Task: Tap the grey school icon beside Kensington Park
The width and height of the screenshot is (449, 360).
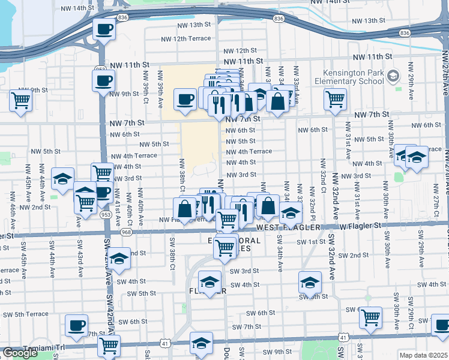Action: tap(393, 76)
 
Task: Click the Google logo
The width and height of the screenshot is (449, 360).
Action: tap(20, 353)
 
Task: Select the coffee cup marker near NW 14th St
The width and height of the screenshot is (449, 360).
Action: tap(104, 28)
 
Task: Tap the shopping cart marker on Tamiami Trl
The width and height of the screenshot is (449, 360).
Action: tap(109, 345)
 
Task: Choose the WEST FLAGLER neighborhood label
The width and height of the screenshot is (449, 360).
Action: tap(286, 228)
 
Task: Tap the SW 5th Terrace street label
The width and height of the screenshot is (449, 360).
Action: tap(24, 314)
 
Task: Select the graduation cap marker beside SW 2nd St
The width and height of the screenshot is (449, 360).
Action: tap(119, 259)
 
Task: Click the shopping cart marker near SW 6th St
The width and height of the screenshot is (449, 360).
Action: tap(371, 316)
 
